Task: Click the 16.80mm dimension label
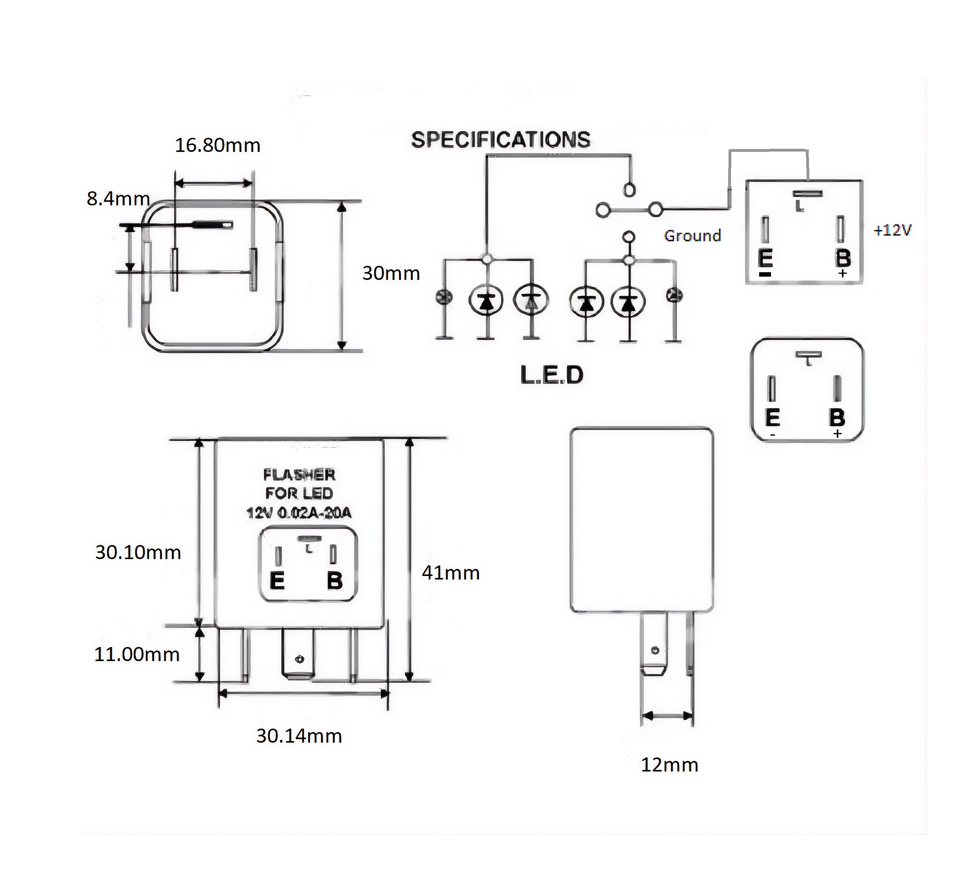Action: (x=218, y=146)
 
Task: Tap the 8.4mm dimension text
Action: (x=118, y=199)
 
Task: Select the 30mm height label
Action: (x=391, y=273)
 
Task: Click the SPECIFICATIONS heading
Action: (x=500, y=140)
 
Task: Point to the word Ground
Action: (x=692, y=236)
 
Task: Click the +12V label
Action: (x=892, y=231)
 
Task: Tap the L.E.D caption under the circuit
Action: (x=552, y=375)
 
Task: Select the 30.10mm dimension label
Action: (x=138, y=552)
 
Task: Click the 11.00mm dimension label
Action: (x=137, y=655)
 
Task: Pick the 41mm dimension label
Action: (x=451, y=573)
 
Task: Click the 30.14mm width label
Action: (x=299, y=736)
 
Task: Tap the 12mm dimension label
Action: (x=669, y=765)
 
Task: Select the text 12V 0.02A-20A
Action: (x=299, y=513)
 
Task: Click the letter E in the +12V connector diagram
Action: (x=765, y=259)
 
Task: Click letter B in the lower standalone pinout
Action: (x=837, y=418)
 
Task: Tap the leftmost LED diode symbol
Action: (x=486, y=301)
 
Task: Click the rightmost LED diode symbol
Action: (x=628, y=302)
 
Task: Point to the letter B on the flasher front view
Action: (x=335, y=581)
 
